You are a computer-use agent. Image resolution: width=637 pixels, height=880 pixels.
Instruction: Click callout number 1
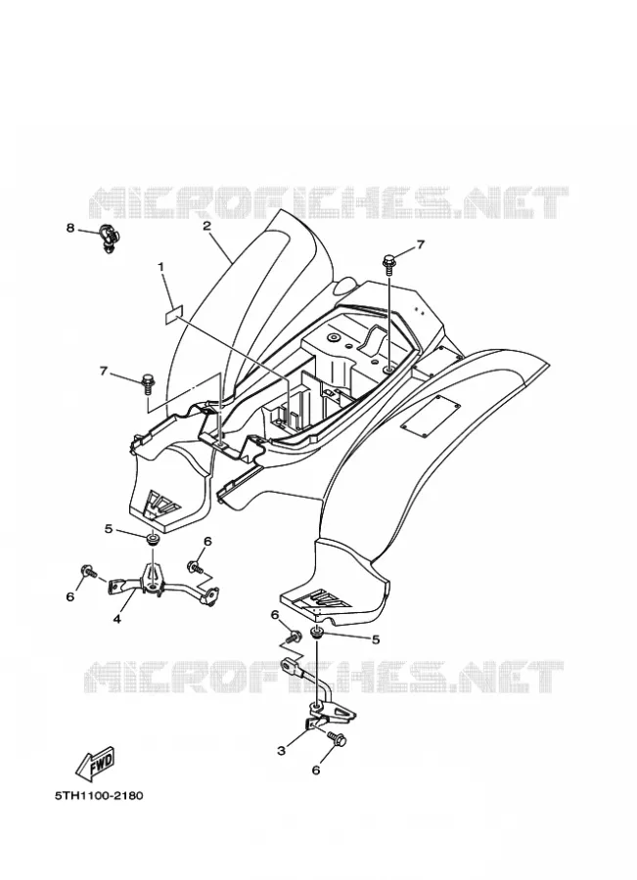[x=161, y=268]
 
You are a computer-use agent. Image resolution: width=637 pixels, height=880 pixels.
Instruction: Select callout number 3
[x=282, y=751]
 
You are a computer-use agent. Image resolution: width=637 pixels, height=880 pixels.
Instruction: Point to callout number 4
[x=116, y=619]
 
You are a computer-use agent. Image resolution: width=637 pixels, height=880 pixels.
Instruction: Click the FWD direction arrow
[x=96, y=763]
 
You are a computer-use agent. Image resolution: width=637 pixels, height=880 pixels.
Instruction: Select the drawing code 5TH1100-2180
[x=99, y=796]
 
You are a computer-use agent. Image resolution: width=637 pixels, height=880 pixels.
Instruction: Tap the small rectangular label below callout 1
[x=174, y=314]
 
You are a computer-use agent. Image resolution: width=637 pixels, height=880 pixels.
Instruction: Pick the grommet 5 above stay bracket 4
[x=153, y=540]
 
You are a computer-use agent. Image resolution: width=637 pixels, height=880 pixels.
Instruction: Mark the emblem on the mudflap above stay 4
[x=162, y=504]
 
